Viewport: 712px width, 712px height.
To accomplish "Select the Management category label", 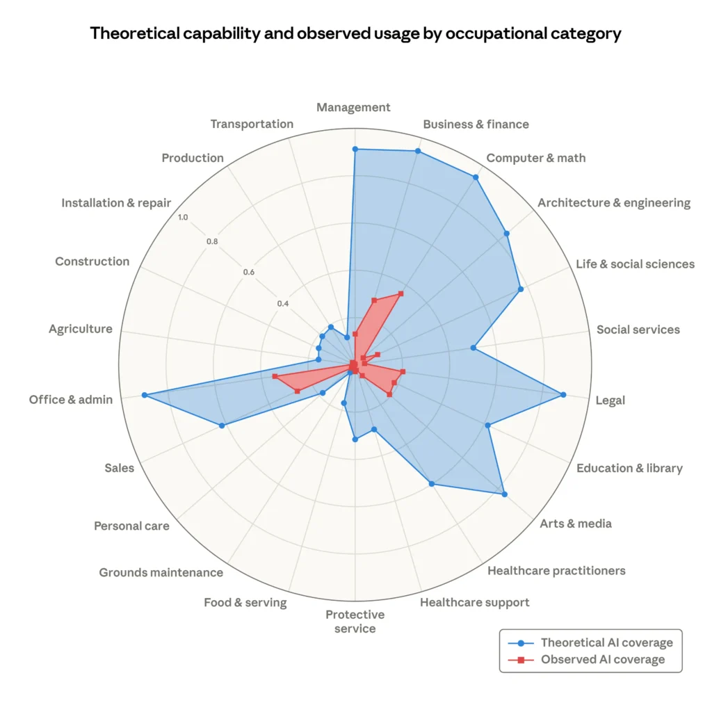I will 353,107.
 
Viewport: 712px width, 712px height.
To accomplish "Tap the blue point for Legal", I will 563,395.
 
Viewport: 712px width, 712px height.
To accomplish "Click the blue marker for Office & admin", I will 145,395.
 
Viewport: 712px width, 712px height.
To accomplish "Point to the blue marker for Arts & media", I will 504,494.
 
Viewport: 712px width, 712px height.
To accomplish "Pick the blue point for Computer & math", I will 476,177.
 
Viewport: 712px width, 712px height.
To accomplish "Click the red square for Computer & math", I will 400,293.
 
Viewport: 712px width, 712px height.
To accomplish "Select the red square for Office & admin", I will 275,376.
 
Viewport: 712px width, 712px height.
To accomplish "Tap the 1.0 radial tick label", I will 183,218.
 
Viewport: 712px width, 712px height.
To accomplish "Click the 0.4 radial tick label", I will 282,304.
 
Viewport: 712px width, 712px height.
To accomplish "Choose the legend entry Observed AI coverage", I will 602,659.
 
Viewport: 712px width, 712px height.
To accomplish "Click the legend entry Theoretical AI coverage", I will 606,642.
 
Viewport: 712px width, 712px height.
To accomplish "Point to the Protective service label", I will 355,622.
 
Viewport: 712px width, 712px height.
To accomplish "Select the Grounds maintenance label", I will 161,572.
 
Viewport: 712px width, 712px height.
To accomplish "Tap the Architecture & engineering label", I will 614,202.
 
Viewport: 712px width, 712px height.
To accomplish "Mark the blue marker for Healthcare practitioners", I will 432,484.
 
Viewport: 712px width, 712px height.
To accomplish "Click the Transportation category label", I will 252,124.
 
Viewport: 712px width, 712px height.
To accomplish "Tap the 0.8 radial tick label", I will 212,242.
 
